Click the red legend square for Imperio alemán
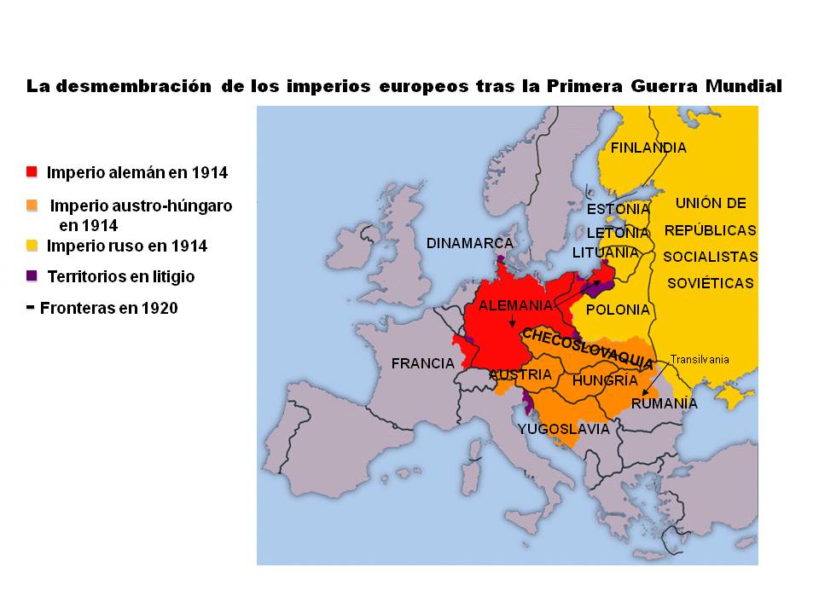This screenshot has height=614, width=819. pyautogui.click(x=32, y=172)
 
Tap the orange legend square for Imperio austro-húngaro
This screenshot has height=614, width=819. pyautogui.click(x=32, y=205)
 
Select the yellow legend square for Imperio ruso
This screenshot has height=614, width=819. pyautogui.click(x=32, y=246)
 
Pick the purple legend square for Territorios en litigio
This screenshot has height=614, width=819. pyautogui.click(x=32, y=276)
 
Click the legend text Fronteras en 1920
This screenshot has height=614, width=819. pyautogui.click(x=107, y=308)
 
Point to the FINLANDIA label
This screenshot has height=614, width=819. pyautogui.click(x=648, y=148)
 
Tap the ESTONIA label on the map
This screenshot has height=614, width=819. pyautogui.click(x=619, y=209)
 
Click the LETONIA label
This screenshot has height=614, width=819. pyautogui.click(x=618, y=232)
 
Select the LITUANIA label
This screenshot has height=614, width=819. pyautogui.click(x=606, y=252)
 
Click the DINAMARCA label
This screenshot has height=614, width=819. pyautogui.click(x=470, y=243)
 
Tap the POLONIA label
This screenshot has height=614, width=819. pyautogui.click(x=619, y=310)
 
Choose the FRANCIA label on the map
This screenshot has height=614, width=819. pyautogui.click(x=422, y=363)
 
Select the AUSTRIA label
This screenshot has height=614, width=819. pyautogui.click(x=520, y=374)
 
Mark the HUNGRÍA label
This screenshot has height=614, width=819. pyautogui.click(x=605, y=380)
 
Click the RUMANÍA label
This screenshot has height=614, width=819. pyautogui.click(x=664, y=403)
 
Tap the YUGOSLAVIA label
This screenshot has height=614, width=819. pyautogui.click(x=564, y=429)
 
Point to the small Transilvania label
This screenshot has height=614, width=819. pyautogui.click(x=700, y=359)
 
